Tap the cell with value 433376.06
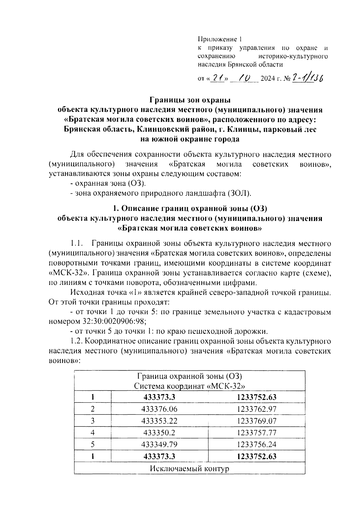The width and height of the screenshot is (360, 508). [159, 409]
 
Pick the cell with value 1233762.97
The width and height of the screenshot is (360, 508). [256, 409]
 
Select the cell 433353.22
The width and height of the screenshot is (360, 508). [159, 421]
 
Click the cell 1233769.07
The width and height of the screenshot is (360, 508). [256, 421]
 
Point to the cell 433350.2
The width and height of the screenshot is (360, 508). [159, 433]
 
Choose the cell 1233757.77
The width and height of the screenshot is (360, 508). [256, 433]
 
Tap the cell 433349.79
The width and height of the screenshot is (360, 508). [159, 444]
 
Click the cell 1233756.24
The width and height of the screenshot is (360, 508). [256, 444]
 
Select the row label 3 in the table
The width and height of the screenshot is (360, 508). [93, 421]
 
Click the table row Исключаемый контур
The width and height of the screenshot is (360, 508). [190, 468]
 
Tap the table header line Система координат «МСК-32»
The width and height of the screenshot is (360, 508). [190, 386]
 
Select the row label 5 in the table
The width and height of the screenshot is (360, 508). [93, 444]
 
